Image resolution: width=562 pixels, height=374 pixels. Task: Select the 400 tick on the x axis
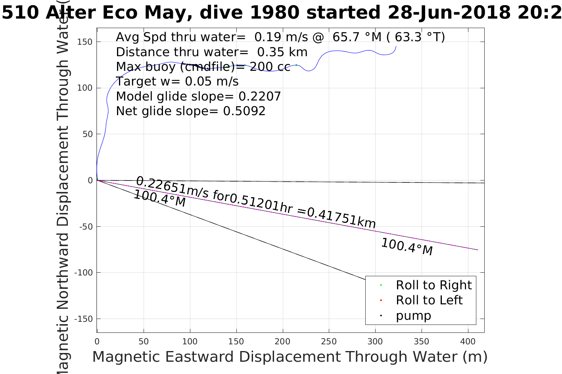(x=468, y=341)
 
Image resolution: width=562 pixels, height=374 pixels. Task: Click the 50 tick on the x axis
(x=144, y=341)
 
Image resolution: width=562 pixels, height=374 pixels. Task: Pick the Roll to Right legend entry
(x=433, y=285)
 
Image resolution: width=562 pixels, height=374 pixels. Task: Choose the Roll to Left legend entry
(x=429, y=300)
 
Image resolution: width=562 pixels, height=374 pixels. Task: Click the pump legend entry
(x=413, y=315)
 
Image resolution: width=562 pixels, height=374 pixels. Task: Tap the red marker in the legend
(x=381, y=300)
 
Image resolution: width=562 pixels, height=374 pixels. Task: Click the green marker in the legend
(x=381, y=285)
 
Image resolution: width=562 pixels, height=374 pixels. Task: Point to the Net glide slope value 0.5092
(x=244, y=111)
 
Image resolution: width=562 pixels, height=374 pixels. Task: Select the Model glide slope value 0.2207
(x=260, y=96)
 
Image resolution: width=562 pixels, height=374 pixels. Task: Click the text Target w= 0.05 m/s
(x=177, y=82)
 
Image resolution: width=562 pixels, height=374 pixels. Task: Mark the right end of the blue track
(x=396, y=47)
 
